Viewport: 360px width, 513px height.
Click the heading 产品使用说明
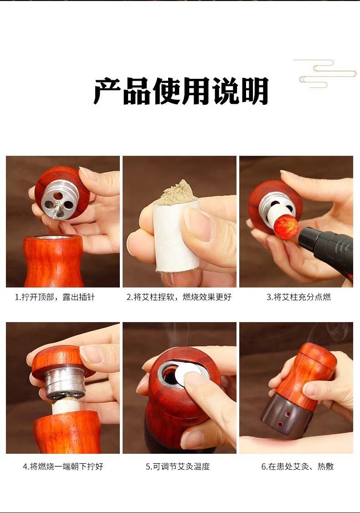click(x=181, y=91)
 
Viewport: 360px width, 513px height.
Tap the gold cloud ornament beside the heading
click(x=327, y=74)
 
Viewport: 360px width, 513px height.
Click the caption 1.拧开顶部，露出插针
click(x=55, y=297)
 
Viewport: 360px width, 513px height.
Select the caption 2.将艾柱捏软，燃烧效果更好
click(x=179, y=297)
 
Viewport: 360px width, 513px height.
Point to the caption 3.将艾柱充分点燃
click(x=298, y=297)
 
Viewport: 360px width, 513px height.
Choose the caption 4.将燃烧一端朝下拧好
click(x=63, y=466)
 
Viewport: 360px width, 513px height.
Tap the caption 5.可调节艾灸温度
click(x=178, y=466)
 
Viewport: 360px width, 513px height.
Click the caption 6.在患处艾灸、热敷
click(x=298, y=466)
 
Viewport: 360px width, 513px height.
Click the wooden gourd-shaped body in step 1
click(x=53, y=261)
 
